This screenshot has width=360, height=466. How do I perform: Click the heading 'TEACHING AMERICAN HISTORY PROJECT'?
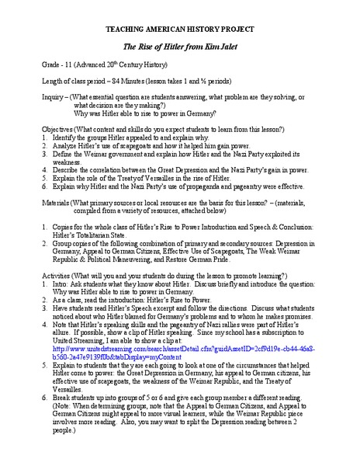click(180, 27)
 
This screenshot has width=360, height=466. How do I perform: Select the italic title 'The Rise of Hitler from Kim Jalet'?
click(180, 45)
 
